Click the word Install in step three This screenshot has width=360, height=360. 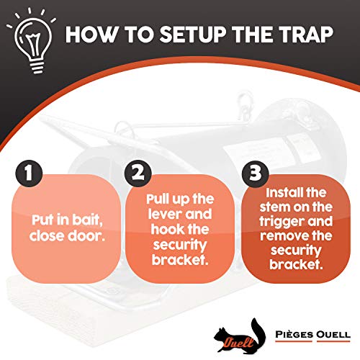[x=284, y=194]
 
